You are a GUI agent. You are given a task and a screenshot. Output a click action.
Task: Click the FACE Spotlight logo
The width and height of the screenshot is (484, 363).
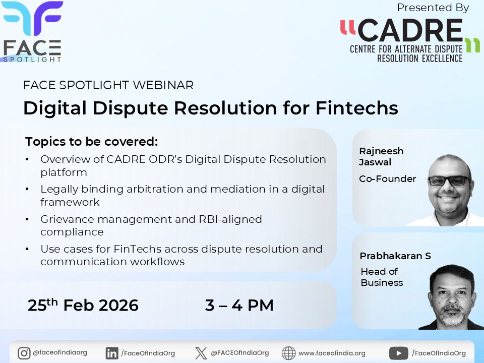click(x=32, y=31)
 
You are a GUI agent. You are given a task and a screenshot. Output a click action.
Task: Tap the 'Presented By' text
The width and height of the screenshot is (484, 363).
click(x=433, y=8)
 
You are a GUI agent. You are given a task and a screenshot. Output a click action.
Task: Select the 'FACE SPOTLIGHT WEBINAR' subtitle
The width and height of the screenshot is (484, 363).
click(x=108, y=85)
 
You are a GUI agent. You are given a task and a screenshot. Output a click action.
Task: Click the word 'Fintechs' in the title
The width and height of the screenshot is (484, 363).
click(x=356, y=108)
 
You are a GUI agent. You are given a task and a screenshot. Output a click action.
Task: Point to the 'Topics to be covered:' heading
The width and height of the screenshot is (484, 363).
click(x=91, y=141)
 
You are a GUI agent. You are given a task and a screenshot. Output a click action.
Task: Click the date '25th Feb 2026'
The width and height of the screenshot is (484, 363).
click(x=83, y=305)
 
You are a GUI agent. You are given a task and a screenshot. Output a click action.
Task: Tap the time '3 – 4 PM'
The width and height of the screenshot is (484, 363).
click(x=239, y=305)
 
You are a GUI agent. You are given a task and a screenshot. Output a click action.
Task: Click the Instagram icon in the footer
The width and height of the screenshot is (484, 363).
click(x=24, y=353)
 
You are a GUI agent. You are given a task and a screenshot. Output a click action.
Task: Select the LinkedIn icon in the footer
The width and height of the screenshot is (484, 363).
click(x=112, y=353)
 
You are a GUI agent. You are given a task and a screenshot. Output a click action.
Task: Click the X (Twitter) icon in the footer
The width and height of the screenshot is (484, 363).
click(x=201, y=353)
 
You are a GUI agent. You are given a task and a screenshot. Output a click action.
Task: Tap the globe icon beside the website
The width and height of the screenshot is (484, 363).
click(x=288, y=353)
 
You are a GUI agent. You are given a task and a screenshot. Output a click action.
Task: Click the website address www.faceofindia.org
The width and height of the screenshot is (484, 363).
click(x=332, y=353)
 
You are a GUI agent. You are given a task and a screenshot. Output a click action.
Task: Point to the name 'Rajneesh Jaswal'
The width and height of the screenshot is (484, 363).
click(x=381, y=156)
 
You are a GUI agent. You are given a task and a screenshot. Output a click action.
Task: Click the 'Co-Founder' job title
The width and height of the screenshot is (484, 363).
click(x=387, y=178)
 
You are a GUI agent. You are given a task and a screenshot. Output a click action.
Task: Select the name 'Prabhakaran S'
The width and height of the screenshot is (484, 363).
click(x=395, y=256)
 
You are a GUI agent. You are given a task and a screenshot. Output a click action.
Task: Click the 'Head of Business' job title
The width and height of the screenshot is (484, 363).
click(x=381, y=277)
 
